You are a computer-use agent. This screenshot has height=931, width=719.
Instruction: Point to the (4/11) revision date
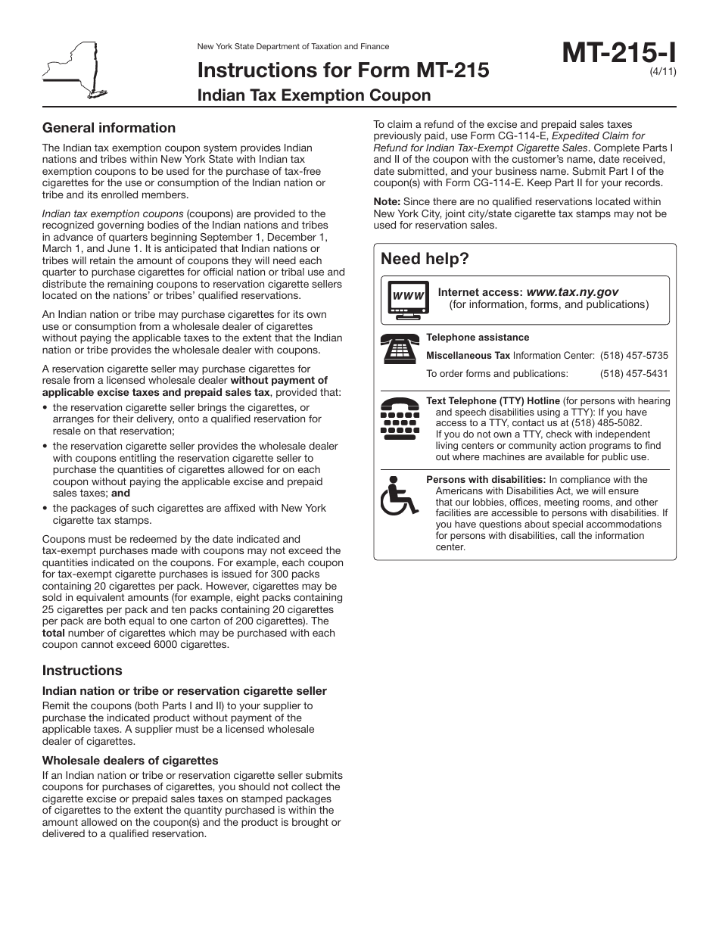pos(662,73)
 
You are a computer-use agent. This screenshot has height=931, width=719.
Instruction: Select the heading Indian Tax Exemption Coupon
pos(313,95)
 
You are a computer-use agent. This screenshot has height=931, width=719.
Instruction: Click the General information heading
pos(109,128)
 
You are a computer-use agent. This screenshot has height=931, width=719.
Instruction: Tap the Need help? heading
pos(425,259)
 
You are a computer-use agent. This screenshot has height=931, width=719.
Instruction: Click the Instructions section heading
pos(82,671)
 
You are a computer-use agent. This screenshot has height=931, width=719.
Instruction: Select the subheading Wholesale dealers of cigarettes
pos(130,760)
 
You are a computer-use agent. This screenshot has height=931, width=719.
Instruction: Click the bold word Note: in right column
pos(388,202)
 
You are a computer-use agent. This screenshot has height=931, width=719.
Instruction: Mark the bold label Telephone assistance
pos(478,338)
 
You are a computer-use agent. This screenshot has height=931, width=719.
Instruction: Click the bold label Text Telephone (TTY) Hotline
pos(493,400)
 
